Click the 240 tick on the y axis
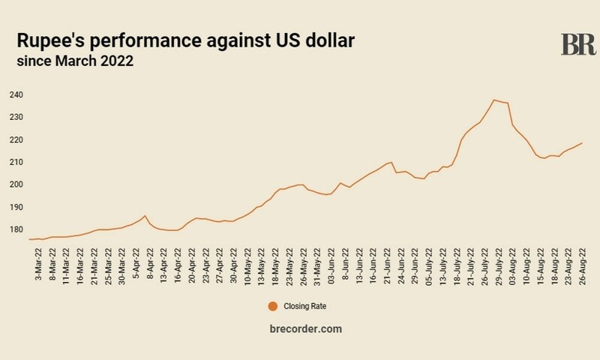[x=16, y=95]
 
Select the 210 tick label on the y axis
[x=16, y=163]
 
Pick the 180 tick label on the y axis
[x=16, y=230]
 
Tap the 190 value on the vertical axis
[x=16, y=208]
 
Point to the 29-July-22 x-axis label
[x=498, y=262]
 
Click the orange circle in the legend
[x=272, y=305]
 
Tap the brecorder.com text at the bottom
[x=300, y=330]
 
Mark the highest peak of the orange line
[x=493, y=100]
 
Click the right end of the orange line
[x=582, y=142]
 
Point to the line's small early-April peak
[x=145, y=216]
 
